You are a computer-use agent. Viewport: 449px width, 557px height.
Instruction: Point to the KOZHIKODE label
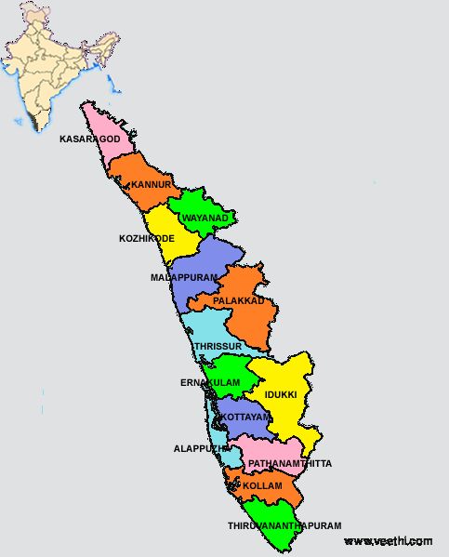[x=146, y=239]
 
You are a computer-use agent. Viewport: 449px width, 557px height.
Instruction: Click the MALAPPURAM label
[x=183, y=277]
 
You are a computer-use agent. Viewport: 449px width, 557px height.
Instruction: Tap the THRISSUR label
[x=218, y=346]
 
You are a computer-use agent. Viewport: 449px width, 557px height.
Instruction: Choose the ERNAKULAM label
[x=209, y=382]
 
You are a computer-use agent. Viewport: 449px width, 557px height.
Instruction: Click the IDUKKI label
[x=281, y=394]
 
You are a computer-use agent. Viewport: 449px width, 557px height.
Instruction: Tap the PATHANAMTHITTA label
[x=289, y=463]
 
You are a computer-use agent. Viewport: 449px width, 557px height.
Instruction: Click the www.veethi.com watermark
[x=388, y=541]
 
